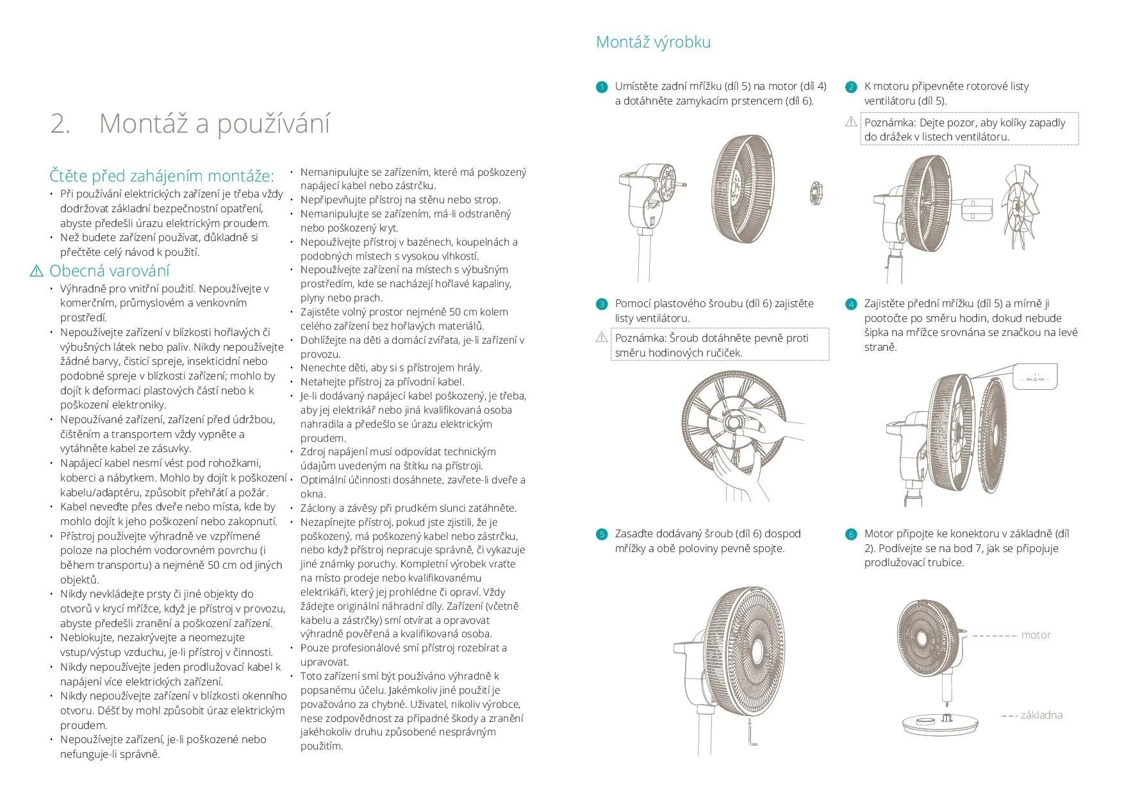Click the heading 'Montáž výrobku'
coord(653,42)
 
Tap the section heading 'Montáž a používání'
coord(214,123)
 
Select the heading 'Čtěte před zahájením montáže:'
coord(161,176)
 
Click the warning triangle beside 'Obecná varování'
coord(37,271)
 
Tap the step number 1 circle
coord(602,87)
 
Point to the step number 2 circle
coord(851,87)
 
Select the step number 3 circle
coord(602,305)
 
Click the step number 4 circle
coord(851,305)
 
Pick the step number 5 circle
coord(602,535)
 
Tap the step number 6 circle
coord(851,535)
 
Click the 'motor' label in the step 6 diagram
coord(1036,635)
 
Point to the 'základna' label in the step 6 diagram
coord(1041,715)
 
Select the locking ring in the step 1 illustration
coord(815,193)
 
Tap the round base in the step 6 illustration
coord(941,724)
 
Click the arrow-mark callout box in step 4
coord(1036,378)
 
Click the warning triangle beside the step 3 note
coord(602,337)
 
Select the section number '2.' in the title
coord(60,123)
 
